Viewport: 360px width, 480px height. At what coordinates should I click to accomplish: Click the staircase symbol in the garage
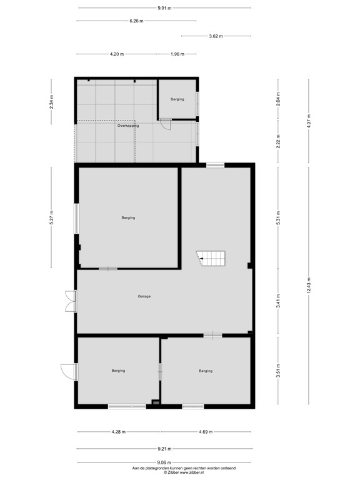pos(211,259)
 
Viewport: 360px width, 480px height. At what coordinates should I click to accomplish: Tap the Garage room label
pos(144,296)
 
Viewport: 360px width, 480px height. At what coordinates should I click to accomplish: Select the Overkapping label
pos(127,126)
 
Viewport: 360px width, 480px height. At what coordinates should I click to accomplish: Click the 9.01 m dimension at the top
pos(164,8)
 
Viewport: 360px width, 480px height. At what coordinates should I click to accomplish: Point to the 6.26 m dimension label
pos(136,21)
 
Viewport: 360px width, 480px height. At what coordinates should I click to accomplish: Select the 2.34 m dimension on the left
pos(52,101)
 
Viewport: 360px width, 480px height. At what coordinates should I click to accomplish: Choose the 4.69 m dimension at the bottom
pos(205,432)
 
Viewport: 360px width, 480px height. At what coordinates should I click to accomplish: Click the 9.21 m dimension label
pos(164,448)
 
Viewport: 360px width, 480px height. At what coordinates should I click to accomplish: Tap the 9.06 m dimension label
pos(164,462)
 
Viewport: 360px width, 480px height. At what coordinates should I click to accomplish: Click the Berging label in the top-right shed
pos(177,99)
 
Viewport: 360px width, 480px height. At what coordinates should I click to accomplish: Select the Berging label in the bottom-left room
pos(118,371)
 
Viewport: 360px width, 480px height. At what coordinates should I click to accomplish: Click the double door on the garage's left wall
pos(70,301)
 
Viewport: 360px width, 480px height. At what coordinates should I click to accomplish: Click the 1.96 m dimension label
pos(177,54)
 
